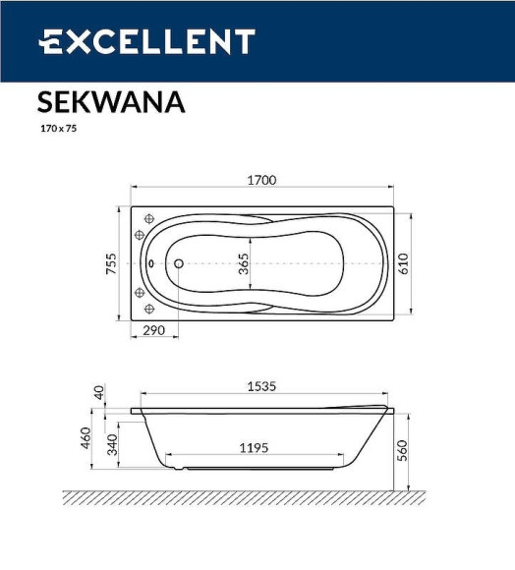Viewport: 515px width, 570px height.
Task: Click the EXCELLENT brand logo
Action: [146, 42]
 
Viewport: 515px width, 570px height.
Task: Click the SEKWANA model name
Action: [111, 102]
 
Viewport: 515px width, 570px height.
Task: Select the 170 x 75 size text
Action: [58, 129]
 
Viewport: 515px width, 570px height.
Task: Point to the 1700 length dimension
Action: [261, 180]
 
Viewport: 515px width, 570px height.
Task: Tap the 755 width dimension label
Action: [112, 263]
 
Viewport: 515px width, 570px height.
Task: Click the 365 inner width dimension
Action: [243, 263]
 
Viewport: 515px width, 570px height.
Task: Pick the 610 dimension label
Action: [404, 263]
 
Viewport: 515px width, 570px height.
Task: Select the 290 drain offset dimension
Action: [154, 330]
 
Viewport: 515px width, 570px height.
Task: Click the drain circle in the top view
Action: [179, 263]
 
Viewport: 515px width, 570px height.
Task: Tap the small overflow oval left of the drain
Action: [151, 263]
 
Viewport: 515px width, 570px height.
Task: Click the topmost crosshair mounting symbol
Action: [149, 219]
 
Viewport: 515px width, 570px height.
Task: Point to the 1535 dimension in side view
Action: [261, 386]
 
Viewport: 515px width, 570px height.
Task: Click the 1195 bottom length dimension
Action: [254, 448]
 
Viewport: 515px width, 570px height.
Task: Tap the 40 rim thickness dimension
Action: [98, 392]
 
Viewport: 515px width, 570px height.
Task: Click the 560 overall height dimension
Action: [402, 450]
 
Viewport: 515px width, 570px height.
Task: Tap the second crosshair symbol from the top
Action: [139, 234]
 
